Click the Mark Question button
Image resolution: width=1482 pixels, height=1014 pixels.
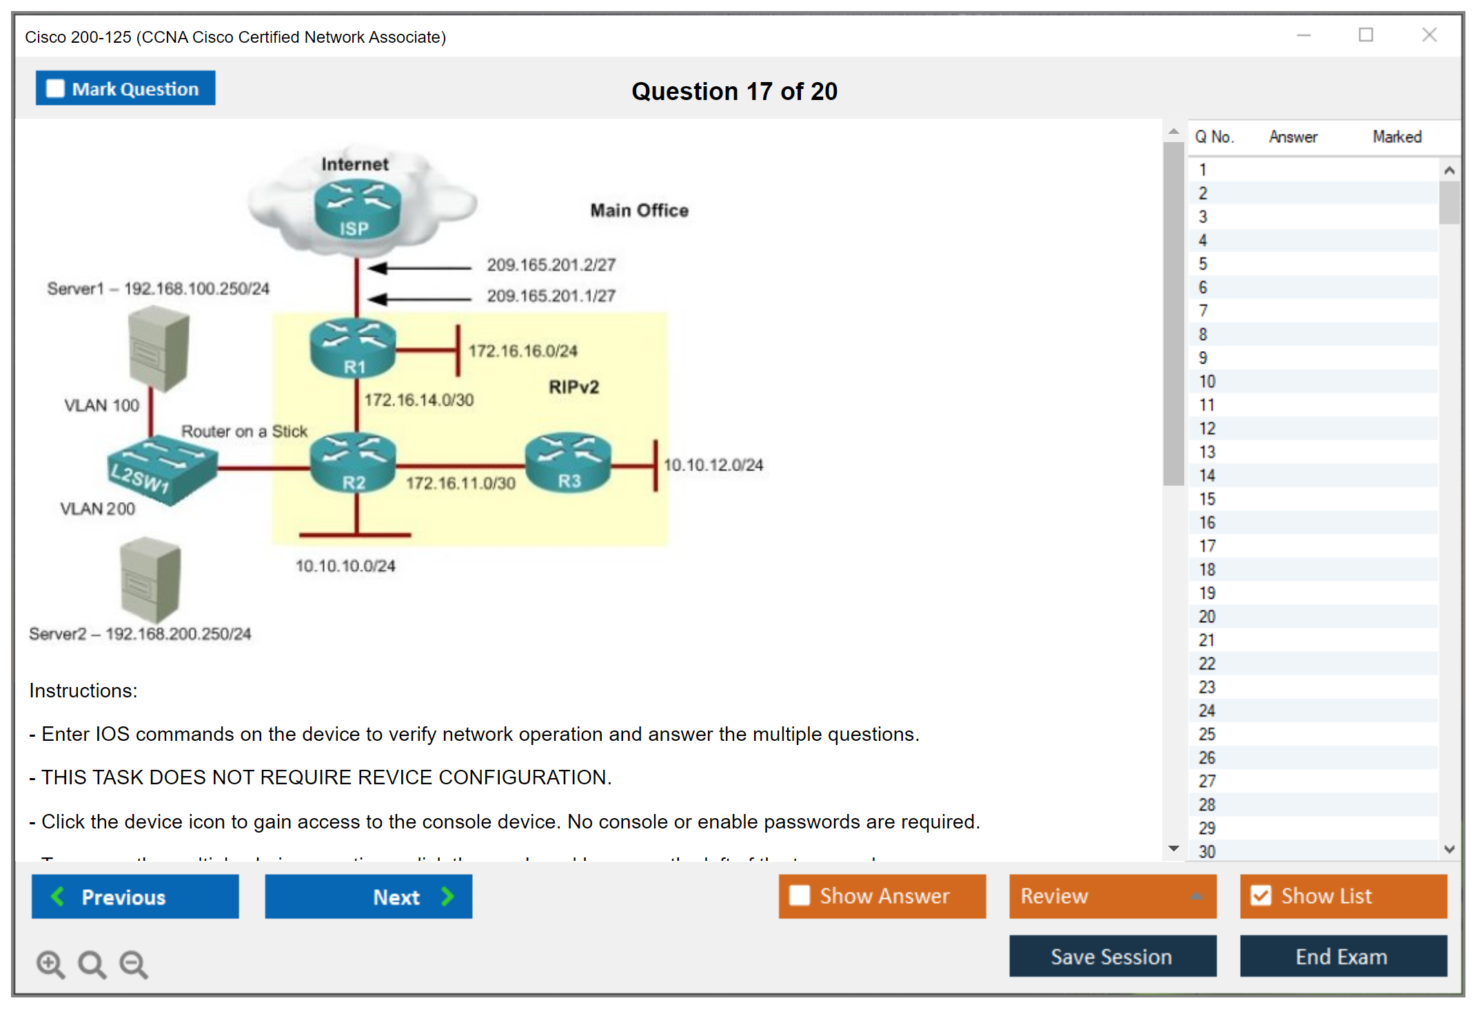pyautogui.click(x=125, y=88)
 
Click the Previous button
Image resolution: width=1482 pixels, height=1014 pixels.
pyautogui.click(x=135, y=896)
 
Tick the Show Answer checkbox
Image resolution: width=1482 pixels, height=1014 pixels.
pyautogui.click(x=800, y=895)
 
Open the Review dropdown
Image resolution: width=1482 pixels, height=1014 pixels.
pyautogui.click(x=1112, y=896)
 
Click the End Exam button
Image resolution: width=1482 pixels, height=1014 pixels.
pyautogui.click(x=1342, y=956)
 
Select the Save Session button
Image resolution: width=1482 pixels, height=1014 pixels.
pyautogui.click(x=1112, y=956)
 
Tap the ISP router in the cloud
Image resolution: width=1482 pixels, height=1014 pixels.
pyautogui.click(x=357, y=209)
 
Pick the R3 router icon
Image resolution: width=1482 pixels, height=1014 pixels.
pyautogui.click(x=568, y=462)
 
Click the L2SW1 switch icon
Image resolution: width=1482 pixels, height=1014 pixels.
pyautogui.click(x=161, y=469)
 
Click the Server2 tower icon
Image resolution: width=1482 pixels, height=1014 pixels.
pyautogui.click(x=150, y=579)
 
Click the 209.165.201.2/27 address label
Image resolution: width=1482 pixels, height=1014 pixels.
pyautogui.click(x=551, y=265)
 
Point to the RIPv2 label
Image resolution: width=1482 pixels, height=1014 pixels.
pyautogui.click(x=573, y=387)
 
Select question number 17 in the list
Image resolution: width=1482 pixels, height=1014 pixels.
pyautogui.click(x=1207, y=546)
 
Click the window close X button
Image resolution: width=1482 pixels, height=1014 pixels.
pyautogui.click(x=1429, y=35)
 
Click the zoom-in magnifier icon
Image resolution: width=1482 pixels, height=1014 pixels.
pyautogui.click(x=50, y=964)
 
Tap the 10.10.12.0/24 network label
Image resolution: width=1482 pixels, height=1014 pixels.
pyautogui.click(x=713, y=465)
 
